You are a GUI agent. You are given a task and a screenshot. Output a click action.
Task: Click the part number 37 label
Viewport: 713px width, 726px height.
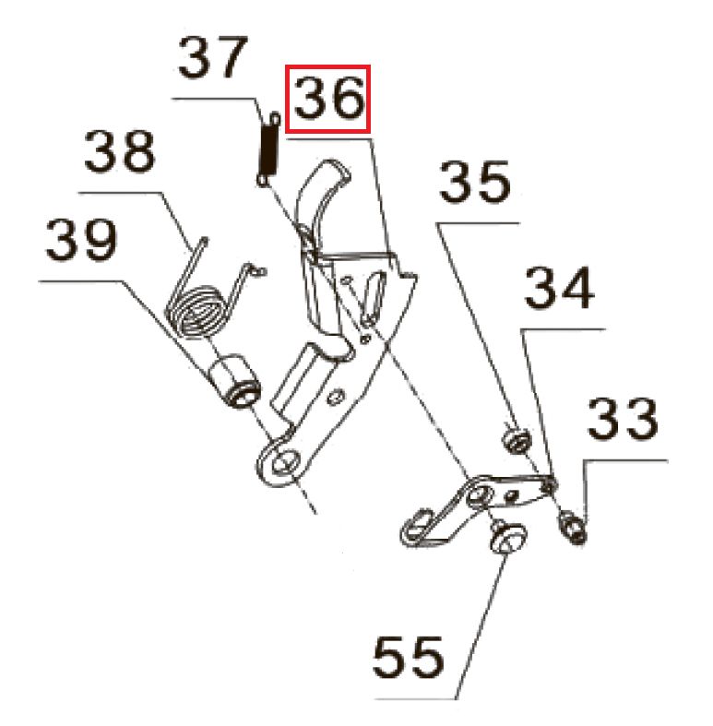click(x=212, y=58)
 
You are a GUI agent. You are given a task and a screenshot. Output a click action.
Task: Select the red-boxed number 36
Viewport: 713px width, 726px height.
click(x=329, y=99)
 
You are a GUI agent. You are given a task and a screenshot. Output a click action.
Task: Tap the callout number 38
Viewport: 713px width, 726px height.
click(x=120, y=151)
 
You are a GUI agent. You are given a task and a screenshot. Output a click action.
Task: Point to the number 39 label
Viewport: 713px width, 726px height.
click(x=82, y=240)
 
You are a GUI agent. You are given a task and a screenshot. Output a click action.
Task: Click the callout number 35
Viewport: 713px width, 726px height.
click(x=475, y=182)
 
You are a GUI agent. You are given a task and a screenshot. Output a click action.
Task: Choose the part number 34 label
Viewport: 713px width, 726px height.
click(x=559, y=287)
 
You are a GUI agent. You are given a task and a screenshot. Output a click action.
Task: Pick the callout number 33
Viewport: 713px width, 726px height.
click(x=623, y=420)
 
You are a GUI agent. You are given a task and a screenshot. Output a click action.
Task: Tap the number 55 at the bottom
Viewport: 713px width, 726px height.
click(x=408, y=657)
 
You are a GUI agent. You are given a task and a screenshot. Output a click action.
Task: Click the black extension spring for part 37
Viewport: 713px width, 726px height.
click(x=268, y=149)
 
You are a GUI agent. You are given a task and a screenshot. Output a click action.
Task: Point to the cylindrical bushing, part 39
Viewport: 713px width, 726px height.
click(x=235, y=382)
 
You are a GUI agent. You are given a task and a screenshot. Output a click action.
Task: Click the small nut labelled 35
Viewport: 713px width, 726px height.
click(x=517, y=439)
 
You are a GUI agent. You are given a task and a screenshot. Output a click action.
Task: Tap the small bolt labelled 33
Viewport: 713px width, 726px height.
click(x=573, y=527)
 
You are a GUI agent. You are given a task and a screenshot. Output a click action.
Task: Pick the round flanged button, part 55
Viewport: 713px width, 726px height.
click(x=508, y=537)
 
